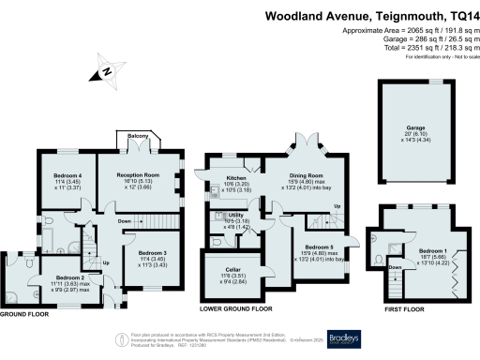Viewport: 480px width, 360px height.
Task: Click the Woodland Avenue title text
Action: click(x=370, y=16)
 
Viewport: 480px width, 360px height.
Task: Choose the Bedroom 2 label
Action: click(x=70, y=278)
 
